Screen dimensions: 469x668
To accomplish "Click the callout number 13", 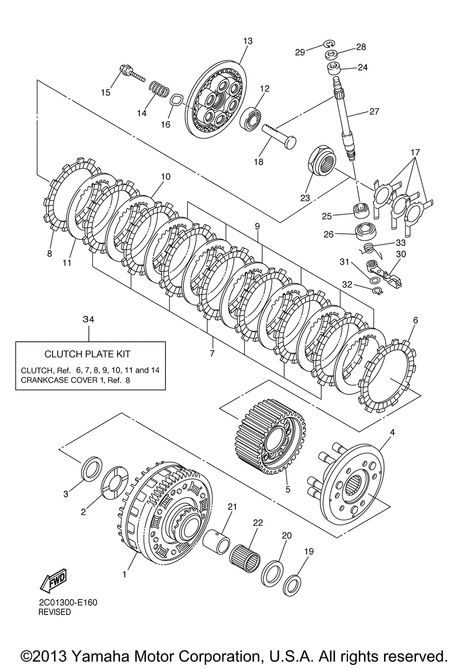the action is coord(248,41).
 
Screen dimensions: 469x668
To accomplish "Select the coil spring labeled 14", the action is coord(159,88).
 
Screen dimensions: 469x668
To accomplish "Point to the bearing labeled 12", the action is coord(251,119).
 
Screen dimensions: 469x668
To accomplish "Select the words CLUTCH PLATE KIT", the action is coord(87,354).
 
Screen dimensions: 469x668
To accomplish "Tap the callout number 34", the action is coord(89,319).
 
